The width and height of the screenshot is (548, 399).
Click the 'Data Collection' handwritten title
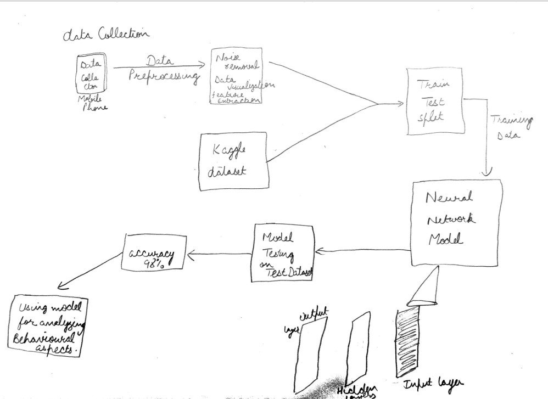106,35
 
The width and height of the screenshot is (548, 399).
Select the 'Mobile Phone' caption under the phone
93,103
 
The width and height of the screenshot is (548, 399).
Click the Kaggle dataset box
233,161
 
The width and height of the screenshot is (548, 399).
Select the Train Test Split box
434,101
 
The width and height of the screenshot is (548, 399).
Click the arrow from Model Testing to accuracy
220,254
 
